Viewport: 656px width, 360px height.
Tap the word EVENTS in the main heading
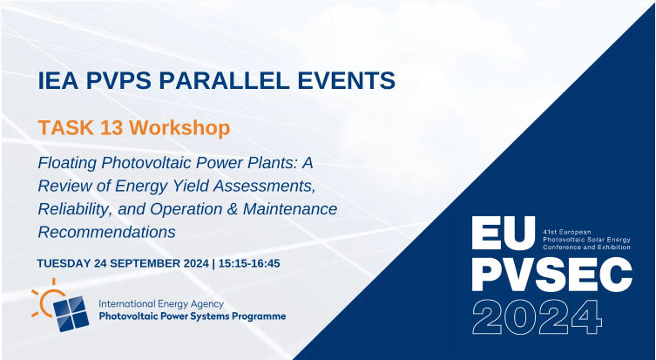(x=347, y=80)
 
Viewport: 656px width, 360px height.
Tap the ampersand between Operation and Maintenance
(x=233, y=209)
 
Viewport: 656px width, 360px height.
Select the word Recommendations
(x=106, y=232)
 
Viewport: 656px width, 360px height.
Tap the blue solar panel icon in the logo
(x=71, y=314)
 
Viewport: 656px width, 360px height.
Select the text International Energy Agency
(x=161, y=304)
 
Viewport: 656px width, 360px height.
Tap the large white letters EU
(x=504, y=233)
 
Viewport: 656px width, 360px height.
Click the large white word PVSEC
(x=551, y=274)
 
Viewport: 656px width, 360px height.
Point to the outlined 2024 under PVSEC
(x=537, y=317)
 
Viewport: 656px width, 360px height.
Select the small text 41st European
(x=561, y=232)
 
